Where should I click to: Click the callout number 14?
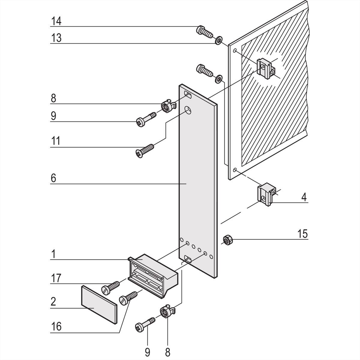coord(56,21)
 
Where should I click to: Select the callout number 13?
coord(56,38)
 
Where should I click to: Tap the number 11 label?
coord(55,141)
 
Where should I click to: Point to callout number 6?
coord(53,178)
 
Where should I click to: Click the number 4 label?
coord(304,197)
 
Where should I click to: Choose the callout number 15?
coord(303,234)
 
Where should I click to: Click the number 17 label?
coord(56,278)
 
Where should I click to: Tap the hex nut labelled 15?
coord(228,239)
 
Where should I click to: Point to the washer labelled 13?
coord(219,40)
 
